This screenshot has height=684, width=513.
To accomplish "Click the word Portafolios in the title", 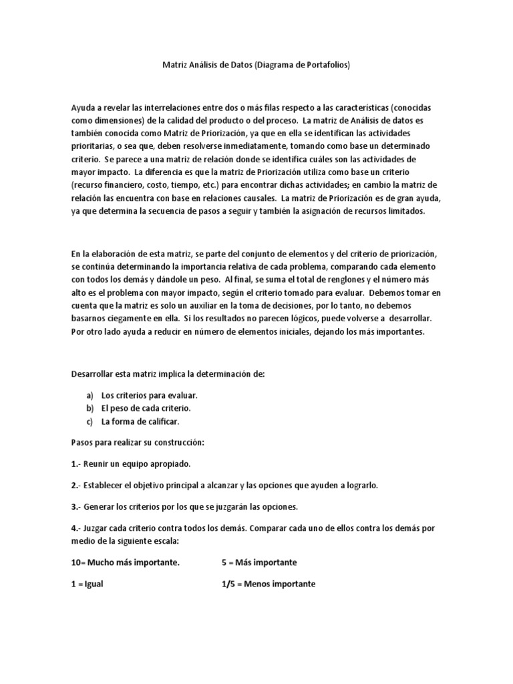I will coord(324,65).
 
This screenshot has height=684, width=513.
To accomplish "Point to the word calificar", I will coord(160,421).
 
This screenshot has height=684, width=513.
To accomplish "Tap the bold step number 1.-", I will coord(76,463).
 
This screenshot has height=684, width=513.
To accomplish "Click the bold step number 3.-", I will coord(76,506).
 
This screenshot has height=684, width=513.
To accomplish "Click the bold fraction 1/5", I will coord(229,583).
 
